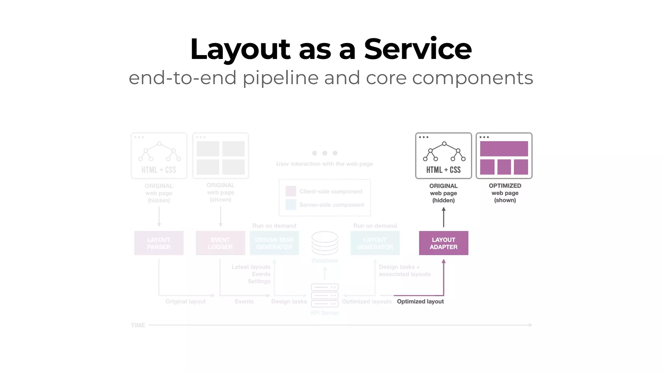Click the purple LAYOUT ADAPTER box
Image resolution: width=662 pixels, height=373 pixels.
(x=443, y=243)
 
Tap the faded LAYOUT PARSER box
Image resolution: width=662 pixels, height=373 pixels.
(x=159, y=243)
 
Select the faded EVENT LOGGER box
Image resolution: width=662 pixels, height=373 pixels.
(x=220, y=243)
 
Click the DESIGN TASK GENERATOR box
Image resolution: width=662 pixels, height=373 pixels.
(x=274, y=243)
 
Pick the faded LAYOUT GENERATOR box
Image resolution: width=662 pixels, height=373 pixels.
(x=375, y=243)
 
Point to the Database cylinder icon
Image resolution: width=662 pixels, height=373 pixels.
(x=325, y=243)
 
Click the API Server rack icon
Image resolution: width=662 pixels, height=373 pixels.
(x=325, y=295)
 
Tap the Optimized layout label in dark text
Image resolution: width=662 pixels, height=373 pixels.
(x=420, y=301)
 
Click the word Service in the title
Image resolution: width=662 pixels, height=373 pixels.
(x=418, y=49)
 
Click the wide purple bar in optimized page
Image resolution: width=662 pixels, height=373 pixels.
(x=504, y=149)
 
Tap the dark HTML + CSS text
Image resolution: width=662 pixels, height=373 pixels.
(x=443, y=170)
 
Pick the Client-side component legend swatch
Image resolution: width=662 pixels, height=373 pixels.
(x=291, y=191)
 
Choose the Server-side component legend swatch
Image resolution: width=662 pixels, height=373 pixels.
(x=291, y=205)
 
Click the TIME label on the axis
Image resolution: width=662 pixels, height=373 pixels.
(x=138, y=325)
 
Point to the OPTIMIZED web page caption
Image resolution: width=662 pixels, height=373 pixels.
(x=505, y=193)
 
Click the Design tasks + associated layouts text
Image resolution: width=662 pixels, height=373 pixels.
(x=404, y=270)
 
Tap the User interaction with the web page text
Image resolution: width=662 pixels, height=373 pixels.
(x=325, y=164)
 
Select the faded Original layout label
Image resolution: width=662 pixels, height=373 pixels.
(x=186, y=301)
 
